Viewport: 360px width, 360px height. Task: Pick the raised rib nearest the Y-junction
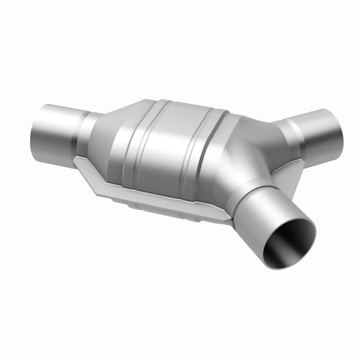tap(211, 139)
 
